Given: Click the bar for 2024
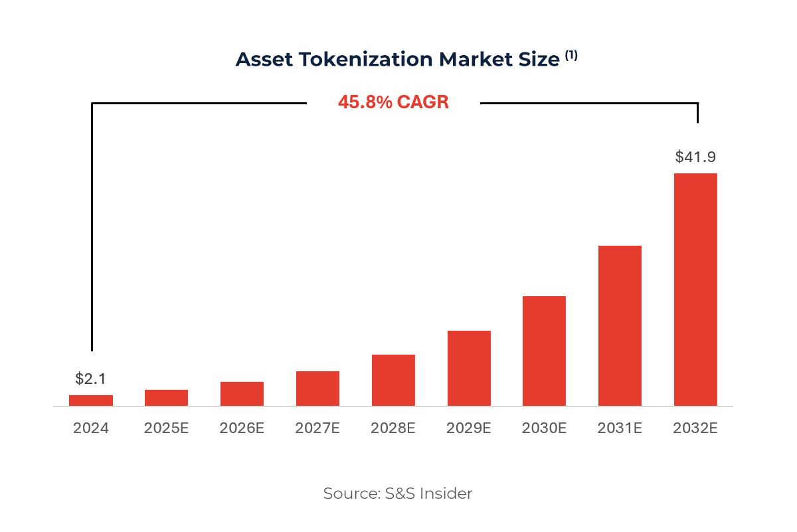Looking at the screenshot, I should [91, 400].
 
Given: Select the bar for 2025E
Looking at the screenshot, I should [166, 398].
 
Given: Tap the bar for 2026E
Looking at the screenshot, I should [242, 394].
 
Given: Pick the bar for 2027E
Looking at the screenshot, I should [317, 389].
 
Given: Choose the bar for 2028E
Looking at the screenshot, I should [393, 380].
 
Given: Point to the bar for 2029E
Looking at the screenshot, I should [469, 368].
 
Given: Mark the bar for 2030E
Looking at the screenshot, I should [544, 351].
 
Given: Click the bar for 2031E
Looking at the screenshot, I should [620, 325].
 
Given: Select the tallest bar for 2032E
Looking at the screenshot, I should [695, 290].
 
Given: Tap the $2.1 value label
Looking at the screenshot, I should [91, 379].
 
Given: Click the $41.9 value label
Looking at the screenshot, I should [695, 157].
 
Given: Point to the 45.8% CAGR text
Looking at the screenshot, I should [393, 102].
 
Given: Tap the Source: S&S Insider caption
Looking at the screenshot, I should [398, 493].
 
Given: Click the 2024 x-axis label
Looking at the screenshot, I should [91, 428].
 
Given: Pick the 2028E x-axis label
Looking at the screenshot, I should [393, 428].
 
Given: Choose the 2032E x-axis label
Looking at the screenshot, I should [695, 428].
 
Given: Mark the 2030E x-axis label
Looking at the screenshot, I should [544, 428].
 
